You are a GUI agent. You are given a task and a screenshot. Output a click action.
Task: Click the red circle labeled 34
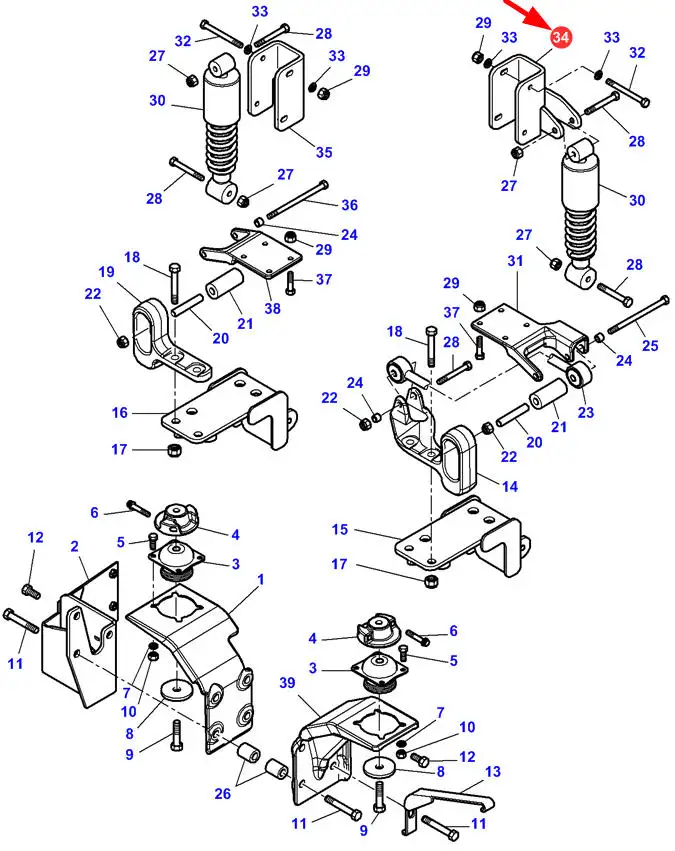click(x=560, y=36)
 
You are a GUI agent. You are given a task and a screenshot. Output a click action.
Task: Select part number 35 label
click(x=324, y=152)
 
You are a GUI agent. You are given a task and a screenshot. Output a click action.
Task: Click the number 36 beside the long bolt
click(x=349, y=205)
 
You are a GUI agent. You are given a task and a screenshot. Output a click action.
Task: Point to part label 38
click(x=272, y=308)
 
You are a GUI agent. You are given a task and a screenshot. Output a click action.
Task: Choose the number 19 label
click(x=106, y=271)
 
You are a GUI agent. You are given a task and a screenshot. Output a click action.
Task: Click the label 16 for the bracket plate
click(x=119, y=412)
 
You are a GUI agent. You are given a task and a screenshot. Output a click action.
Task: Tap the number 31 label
click(x=515, y=261)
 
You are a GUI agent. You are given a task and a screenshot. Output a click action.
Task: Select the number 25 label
click(x=650, y=345)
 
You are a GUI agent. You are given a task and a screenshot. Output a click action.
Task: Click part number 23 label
click(x=585, y=412)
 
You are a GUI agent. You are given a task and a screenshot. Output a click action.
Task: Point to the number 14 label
click(x=510, y=486)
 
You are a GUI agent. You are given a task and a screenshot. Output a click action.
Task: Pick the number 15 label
click(x=340, y=529)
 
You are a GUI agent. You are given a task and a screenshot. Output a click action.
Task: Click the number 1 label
click(x=260, y=580)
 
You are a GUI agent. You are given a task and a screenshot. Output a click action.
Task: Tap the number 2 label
click(x=74, y=546)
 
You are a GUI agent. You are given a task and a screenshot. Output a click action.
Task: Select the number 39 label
click(x=288, y=683)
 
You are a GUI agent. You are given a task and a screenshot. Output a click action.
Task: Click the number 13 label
click(x=493, y=771)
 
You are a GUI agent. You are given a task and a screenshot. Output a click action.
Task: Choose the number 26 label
click(x=222, y=793)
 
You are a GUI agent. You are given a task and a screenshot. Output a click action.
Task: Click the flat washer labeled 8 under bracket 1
click(x=176, y=691)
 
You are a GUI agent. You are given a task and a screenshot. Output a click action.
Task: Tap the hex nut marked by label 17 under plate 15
click(x=431, y=581)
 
